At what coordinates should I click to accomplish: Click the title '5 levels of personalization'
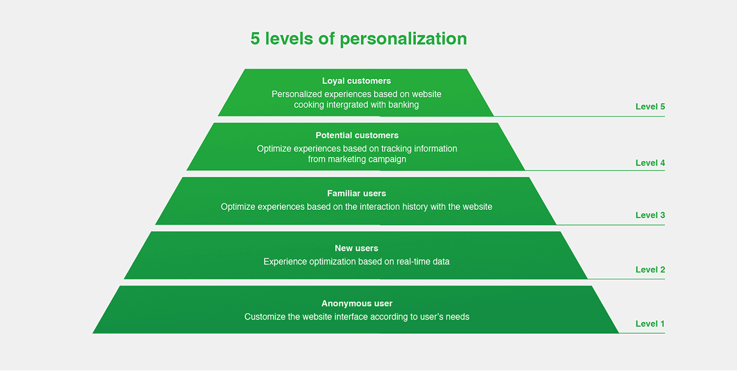[x=358, y=38]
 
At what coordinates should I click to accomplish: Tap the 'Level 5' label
[x=650, y=106]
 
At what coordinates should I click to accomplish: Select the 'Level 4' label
[x=650, y=163]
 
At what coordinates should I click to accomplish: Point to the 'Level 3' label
[x=650, y=215]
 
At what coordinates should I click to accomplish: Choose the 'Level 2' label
[x=650, y=269]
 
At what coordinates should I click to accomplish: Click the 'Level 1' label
[x=650, y=324]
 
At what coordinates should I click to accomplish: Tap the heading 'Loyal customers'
[x=356, y=81]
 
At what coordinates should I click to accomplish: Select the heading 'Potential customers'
[x=357, y=135]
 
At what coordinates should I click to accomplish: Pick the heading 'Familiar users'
[x=356, y=193]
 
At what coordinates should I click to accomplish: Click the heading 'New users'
[x=356, y=248]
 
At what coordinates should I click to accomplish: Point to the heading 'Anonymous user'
[x=357, y=304]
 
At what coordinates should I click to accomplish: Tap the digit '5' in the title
[x=255, y=38]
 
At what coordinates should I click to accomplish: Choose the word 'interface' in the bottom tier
[x=351, y=317]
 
